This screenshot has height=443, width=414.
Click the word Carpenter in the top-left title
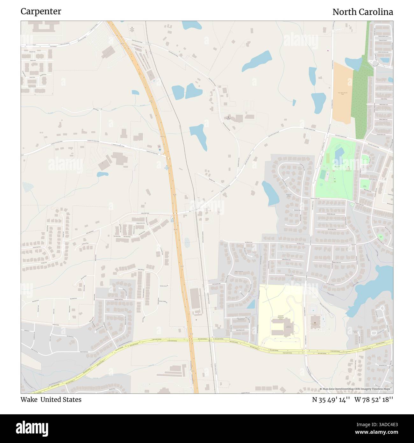[x=41, y=11]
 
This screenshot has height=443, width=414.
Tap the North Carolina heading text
[x=362, y=12]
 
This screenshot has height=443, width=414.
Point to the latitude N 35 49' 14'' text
[x=331, y=400]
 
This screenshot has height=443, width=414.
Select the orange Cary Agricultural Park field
[x=342, y=94]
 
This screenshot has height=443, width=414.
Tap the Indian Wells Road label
[x=145, y=214]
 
